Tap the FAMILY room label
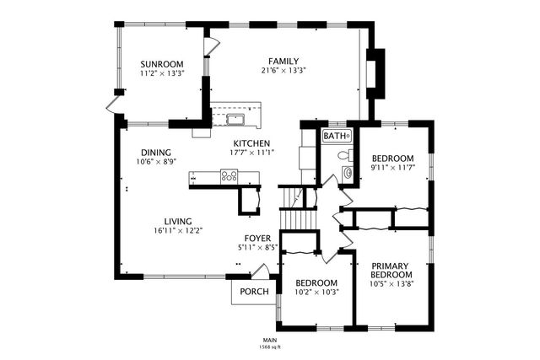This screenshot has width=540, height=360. [x=283, y=61]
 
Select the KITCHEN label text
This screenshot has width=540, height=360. [x=251, y=143]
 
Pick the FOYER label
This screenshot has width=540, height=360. [x=258, y=239]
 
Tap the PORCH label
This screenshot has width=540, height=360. [x=255, y=292]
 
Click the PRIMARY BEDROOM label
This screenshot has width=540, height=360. [x=391, y=271]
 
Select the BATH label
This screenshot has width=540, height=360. [x=335, y=136]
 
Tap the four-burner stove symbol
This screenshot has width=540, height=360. [x=229, y=176]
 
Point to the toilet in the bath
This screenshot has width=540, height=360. [x=342, y=156]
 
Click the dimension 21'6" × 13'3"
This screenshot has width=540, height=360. [x=283, y=71]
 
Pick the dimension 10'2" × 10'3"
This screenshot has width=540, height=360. [x=316, y=293]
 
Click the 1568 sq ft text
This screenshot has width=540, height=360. [x=269, y=347]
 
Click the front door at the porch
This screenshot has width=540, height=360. [x=262, y=272]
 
